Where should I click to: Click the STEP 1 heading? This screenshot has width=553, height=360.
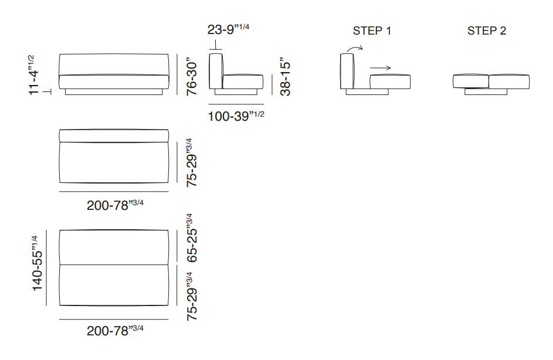372,31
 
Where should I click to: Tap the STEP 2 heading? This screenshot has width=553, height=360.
487,31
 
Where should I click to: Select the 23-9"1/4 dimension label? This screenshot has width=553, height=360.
228,29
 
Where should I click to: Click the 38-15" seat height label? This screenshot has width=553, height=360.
285,76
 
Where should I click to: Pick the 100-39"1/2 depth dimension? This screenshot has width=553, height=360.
236,116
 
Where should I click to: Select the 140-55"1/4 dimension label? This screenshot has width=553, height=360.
37,263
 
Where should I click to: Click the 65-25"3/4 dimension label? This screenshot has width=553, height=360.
192,237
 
